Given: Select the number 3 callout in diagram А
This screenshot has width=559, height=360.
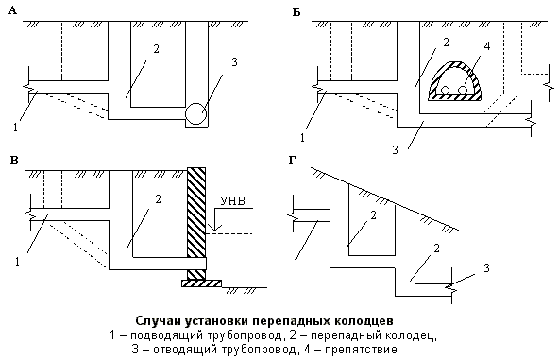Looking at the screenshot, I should (x=232, y=63).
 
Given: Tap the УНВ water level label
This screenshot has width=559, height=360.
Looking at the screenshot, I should (x=231, y=200).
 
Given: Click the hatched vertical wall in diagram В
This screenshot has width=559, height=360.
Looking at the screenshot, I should (x=196, y=213).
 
